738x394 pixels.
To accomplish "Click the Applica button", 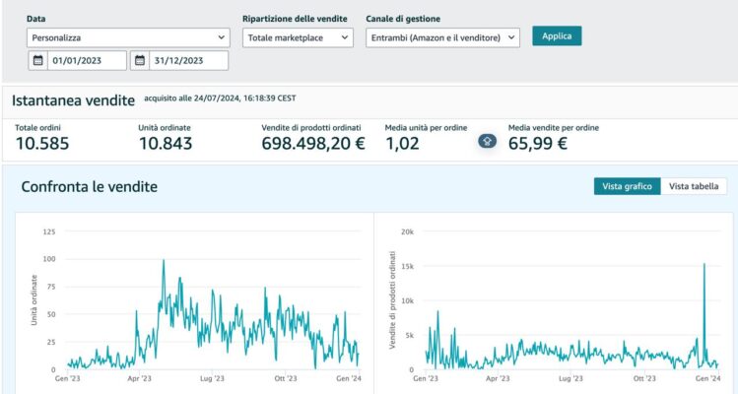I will pyautogui.click(x=557, y=35).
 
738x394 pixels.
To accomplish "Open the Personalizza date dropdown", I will pyautogui.click(x=128, y=37).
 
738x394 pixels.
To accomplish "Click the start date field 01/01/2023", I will pyautogui.click(x=78, y=61).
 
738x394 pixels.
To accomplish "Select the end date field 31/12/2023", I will pyautogui.click(x=179, y=61).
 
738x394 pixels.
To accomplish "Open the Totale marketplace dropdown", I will pyautogui.click(x=298, y=37).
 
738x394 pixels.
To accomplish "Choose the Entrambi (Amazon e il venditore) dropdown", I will pyautogui.click(x=442, y=37).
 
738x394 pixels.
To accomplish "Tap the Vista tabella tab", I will pyautogui.click(x=694, y=186).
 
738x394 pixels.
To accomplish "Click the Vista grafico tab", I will pyautogui.click(x=627, y=186).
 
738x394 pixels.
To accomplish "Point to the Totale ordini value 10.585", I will pyautogui.click(x=42, y=144).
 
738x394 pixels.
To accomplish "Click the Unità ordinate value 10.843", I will pyautogui.click(x=166, y=144).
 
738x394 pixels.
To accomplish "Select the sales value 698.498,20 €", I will pyautogui.click(x=313, y=144).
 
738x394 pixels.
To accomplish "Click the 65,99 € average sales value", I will pyautogui.click(x=537, y=144).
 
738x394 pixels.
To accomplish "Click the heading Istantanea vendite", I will pyautogui.click(x=73, y=100).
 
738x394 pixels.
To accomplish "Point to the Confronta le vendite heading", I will pyautogui.click(x=89, y=187).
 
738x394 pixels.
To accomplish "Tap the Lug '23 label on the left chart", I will pyautogui.click(x=213, y=378).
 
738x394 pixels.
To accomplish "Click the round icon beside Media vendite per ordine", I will pyautogui.click(x=487, y=141).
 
